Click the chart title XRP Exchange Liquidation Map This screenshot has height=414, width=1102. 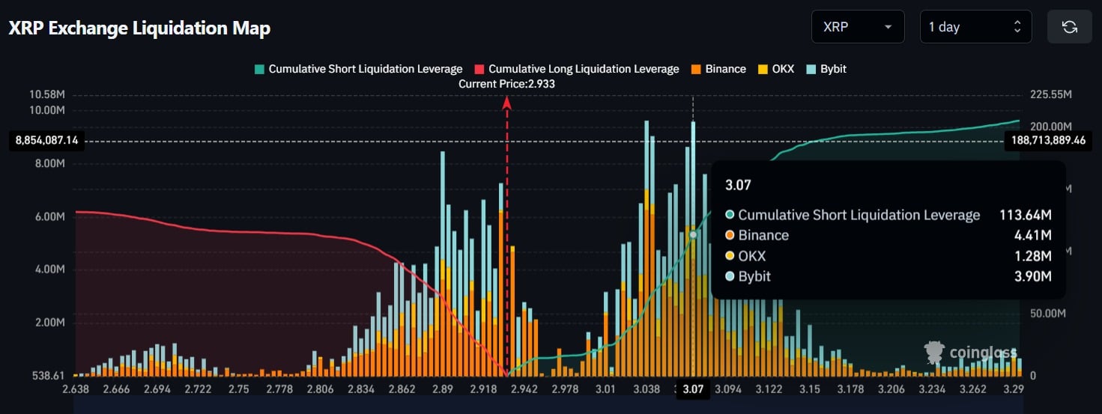(139, 28)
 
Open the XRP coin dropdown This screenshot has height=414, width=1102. (857, 27)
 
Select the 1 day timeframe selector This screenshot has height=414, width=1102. (975, 27)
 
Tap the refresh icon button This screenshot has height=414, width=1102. (1069, 27)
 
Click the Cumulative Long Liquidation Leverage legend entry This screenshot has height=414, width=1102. (576, 69)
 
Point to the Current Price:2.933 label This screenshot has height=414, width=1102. (506, 84)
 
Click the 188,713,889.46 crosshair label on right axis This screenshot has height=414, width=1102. (1047, 140)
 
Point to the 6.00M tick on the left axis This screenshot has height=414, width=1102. (49, 216)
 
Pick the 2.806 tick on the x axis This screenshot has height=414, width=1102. (321, 389)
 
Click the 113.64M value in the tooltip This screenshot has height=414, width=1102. (1025, 216)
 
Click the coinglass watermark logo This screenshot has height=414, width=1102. (972, 353)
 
